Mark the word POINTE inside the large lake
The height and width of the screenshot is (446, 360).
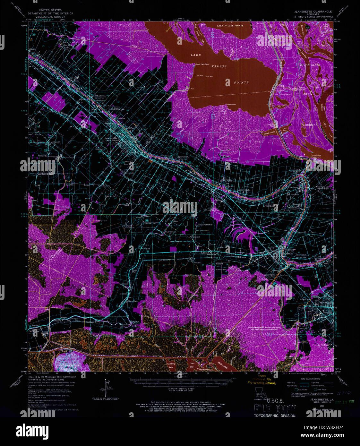coord(241,82)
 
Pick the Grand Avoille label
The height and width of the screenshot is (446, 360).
coord(269,133)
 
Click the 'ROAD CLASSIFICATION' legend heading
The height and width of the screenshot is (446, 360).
coord(302,378)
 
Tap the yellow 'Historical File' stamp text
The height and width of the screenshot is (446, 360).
coord(261,379)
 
